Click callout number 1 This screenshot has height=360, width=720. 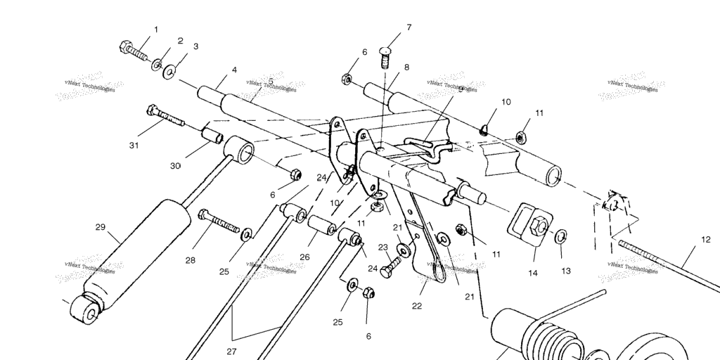155,30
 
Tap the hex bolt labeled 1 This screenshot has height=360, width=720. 134,51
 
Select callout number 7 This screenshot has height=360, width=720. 408,27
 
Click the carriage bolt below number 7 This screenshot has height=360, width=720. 385,56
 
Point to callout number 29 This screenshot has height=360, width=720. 100,227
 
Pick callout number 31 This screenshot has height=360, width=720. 134,146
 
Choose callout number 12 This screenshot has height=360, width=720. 705,240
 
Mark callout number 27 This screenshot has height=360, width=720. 231,351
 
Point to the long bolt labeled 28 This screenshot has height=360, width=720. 219,222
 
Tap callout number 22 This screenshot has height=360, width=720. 417,305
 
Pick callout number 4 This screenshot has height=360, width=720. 234,70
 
